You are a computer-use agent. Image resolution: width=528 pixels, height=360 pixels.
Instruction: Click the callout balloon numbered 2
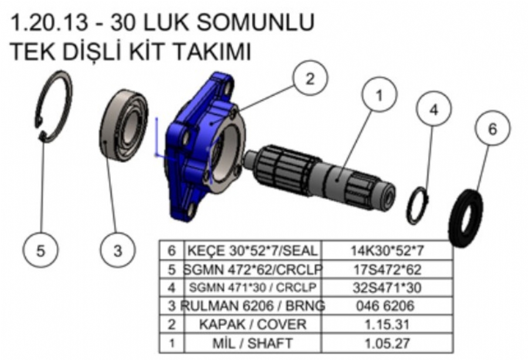tap(310, 79)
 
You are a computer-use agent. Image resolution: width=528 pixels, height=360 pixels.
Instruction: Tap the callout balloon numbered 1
tap(380, 95)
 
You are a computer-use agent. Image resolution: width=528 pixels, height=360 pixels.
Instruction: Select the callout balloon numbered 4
tap(434, 109)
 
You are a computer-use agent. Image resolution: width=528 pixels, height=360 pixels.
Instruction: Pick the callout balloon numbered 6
tap(493, 128)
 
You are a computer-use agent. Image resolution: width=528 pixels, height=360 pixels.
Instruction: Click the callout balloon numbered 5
tap(40, 250)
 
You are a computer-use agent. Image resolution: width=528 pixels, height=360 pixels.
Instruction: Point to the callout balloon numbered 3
tap(117, 250)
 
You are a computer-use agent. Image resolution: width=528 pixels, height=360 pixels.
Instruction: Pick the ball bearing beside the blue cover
tap(124, 125)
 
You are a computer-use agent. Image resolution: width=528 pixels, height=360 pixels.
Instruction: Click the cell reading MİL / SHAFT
tap(252, 343)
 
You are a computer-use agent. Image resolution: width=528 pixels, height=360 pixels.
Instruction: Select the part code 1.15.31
tap(387, 324)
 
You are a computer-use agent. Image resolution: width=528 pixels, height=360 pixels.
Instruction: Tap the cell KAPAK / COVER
tap(252, 324)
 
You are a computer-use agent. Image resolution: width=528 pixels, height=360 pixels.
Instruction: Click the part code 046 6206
tap(385, 305)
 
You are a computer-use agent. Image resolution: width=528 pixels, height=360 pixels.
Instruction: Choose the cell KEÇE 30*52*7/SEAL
tap(252, 251)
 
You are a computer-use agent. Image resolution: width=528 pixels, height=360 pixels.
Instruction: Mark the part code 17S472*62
tap(387, 270)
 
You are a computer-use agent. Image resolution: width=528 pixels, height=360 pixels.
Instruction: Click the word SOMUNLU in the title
tap(256, 22)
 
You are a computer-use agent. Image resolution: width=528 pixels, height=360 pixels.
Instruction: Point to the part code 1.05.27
tap(387, 343)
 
